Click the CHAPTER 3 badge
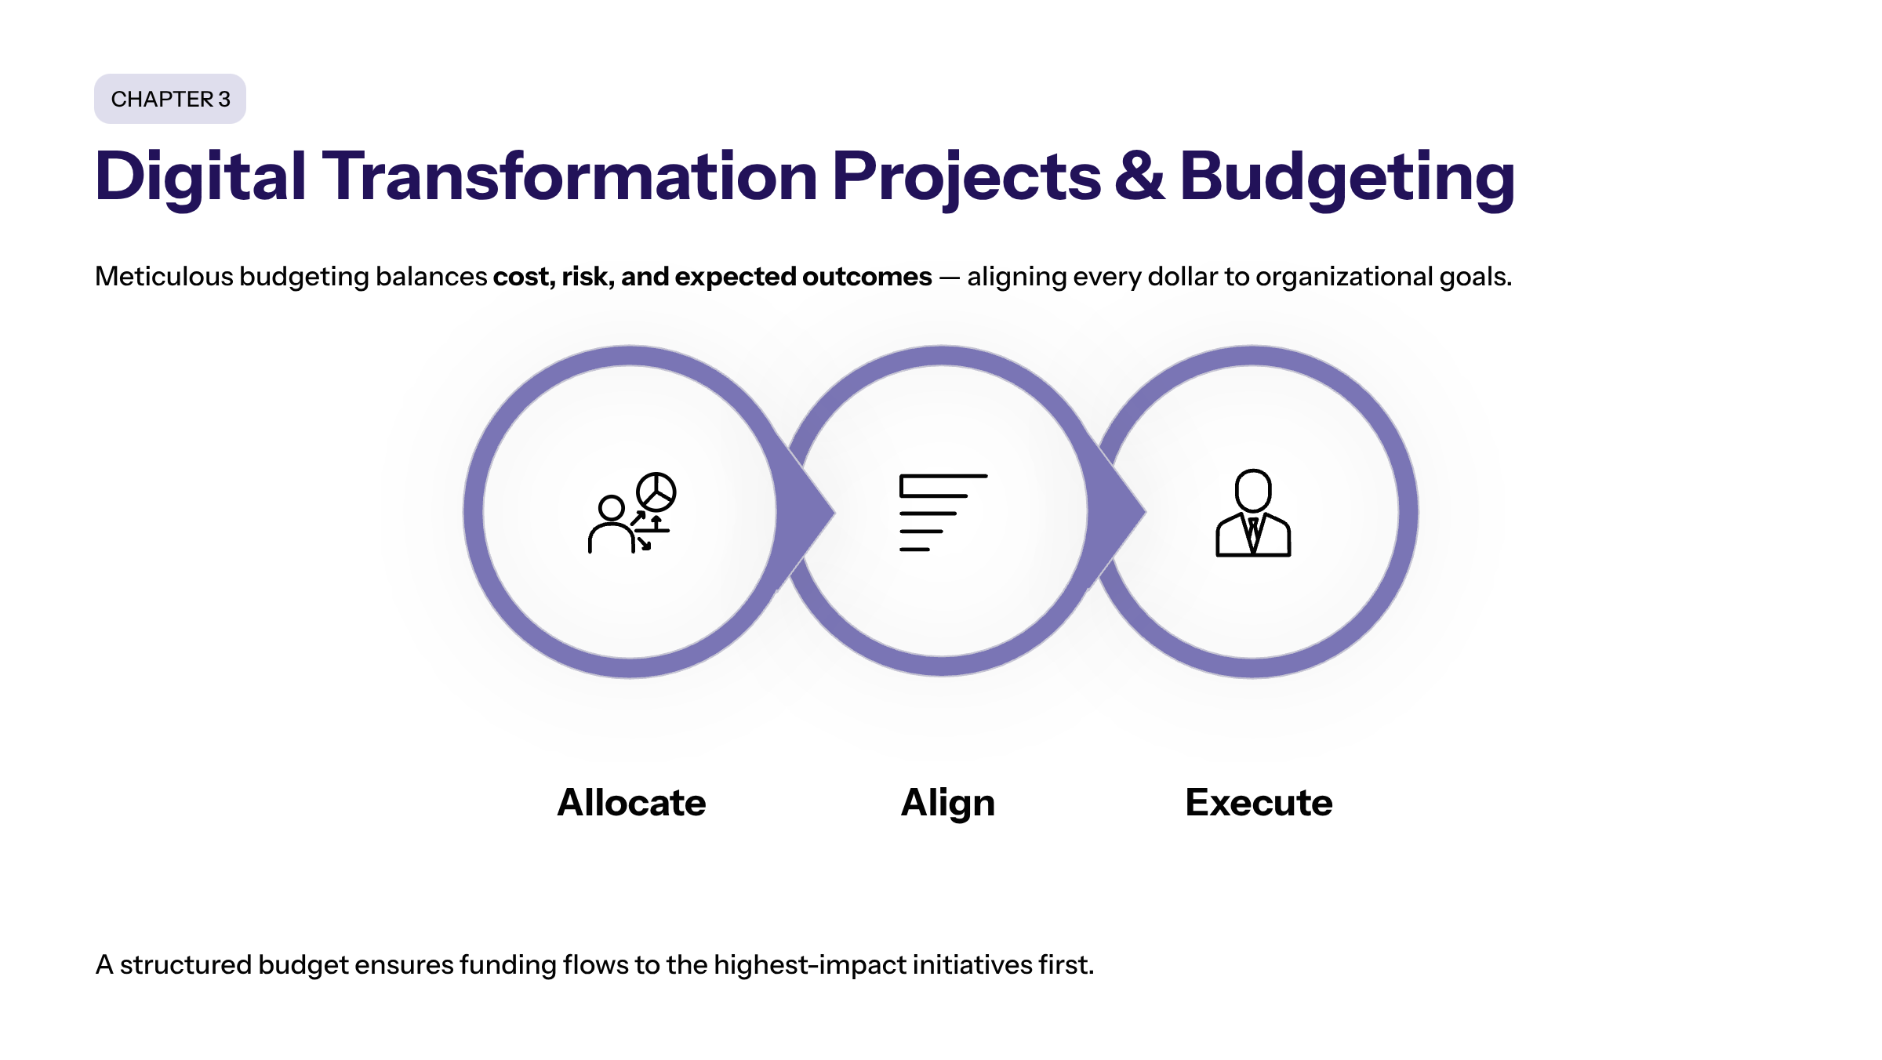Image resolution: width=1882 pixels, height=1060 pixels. (170, 99)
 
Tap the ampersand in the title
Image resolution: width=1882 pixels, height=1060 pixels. (1139, 176)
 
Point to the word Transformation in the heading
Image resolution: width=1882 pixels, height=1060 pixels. (570, 176)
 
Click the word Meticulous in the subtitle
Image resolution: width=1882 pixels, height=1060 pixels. (164, 277)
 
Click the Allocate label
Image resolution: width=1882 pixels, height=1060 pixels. (631, 803)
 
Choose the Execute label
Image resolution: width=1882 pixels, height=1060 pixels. (1259, 803)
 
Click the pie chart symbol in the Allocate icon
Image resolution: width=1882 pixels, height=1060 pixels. (656, 492)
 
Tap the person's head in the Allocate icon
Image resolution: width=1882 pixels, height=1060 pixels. (612, 508)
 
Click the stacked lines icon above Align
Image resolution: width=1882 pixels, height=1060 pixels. (943, 513)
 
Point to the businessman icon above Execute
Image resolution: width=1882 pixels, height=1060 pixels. (1253, 513)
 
